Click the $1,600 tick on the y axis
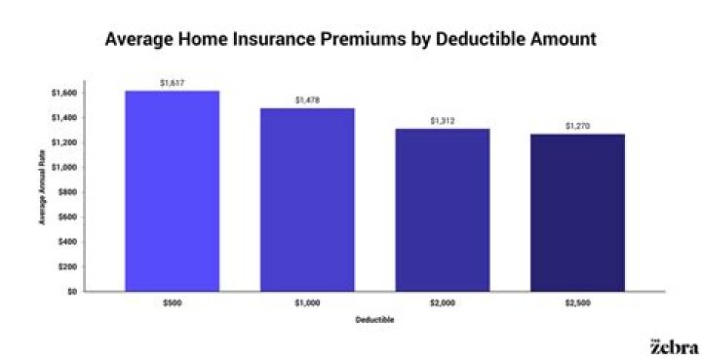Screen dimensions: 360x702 coord(64,93)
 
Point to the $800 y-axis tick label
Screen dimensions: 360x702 coord(67,192)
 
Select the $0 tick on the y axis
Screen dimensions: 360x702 coord(71,291)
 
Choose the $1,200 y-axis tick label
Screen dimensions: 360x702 coord(64,142)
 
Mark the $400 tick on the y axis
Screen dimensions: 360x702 coord(67,241)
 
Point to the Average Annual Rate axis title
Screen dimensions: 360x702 coord(43,192)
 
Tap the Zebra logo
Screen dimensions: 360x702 coord(674,346)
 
